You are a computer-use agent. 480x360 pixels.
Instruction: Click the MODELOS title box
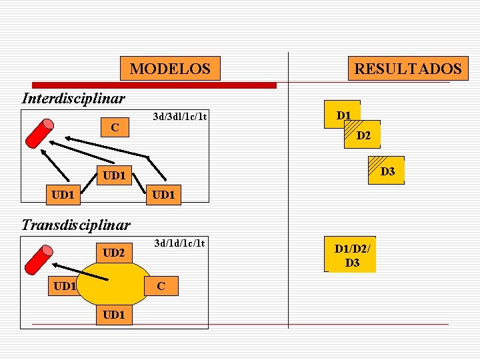(x=170, y=69)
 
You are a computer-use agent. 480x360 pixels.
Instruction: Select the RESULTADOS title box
(x=407, y=69)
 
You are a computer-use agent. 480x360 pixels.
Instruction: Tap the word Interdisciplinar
(x=73, y=99)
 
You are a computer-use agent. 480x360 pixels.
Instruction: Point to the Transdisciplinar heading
(x=76, y=225)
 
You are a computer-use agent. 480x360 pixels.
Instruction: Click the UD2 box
(x=115, y=253)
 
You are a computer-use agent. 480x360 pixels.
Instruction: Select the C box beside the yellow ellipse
(x=161, y=286)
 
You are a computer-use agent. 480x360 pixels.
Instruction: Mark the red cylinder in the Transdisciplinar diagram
(x=39, y=260)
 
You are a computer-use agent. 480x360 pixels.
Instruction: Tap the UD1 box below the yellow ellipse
(x=115, y=313)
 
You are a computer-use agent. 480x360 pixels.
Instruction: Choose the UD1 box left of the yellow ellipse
(x=65, y=286)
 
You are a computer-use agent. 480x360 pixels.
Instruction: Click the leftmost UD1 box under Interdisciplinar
(x=64, y=195)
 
